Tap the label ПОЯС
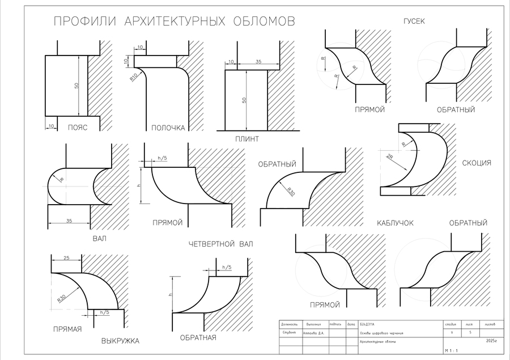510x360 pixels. pyautogui.click(x=76, y=128)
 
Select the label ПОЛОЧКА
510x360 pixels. pyautogui.click(x=168, y=128)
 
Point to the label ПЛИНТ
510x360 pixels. pyautogui.click(x=247, y=139)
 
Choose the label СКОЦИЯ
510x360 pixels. pyautogui.click(x=477, y=163)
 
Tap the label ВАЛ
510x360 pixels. pyautogui.click(x=99, y=239)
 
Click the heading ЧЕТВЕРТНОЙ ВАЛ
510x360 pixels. pyautogui.click(x=221, y=244)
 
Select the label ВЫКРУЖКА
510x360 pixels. pyautogui.click(x=120, y=341)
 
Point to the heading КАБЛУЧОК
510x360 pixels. pyautogui.click(x=395, y=223)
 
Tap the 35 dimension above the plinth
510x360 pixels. pyautogui.click(x=259, y=61)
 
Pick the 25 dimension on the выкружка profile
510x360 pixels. pyautogui.click(x=66, y=259)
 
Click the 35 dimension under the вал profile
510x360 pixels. pyautogui.click(x=69, y=221)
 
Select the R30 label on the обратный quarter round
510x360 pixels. pyautogui.click(x=290, y=192)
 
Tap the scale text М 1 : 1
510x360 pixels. pyautogui.click(x=452, y=351)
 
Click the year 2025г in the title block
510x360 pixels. pyautogui.click(x=491, y=341)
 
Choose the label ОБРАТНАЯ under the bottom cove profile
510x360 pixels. pyautogui.click(x=198, y=338)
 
